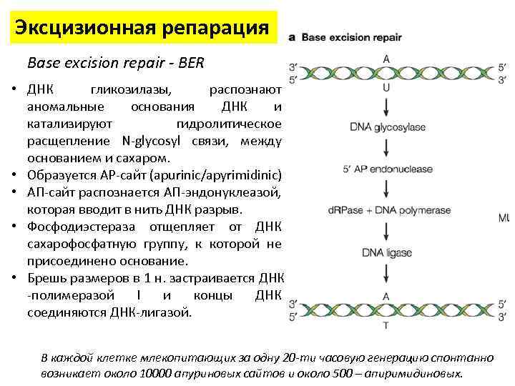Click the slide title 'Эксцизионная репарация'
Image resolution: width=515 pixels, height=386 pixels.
pos(142,29)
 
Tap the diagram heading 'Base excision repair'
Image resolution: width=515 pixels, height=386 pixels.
pos(350,37)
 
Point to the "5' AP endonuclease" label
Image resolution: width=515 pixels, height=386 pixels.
pos(387,169)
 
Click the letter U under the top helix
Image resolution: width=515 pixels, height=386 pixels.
pos(387,88)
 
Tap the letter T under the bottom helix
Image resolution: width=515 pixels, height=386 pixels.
pos(387,325)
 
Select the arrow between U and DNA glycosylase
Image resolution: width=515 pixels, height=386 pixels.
pos(387,107)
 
